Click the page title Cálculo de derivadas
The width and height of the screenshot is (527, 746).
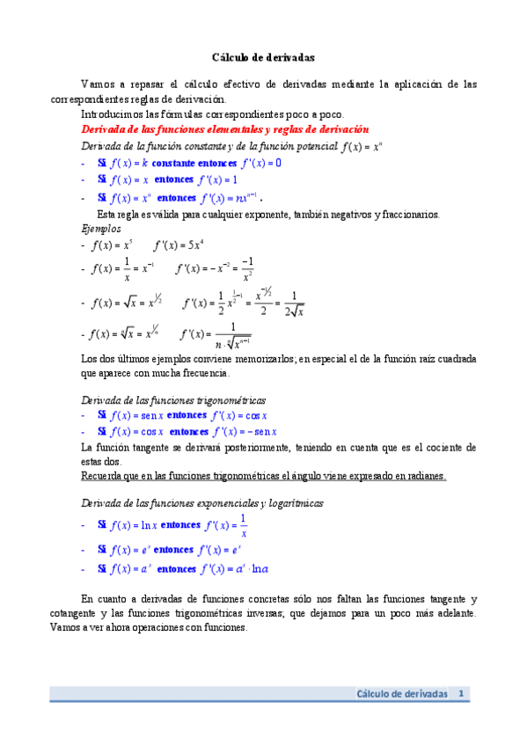264,57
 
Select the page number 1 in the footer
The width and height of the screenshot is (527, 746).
460,694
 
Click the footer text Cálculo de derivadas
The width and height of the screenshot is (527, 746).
402,694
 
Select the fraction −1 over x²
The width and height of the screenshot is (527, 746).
247,269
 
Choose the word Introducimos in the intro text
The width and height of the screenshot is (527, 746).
116,114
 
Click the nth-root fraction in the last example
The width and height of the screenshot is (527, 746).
231,338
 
